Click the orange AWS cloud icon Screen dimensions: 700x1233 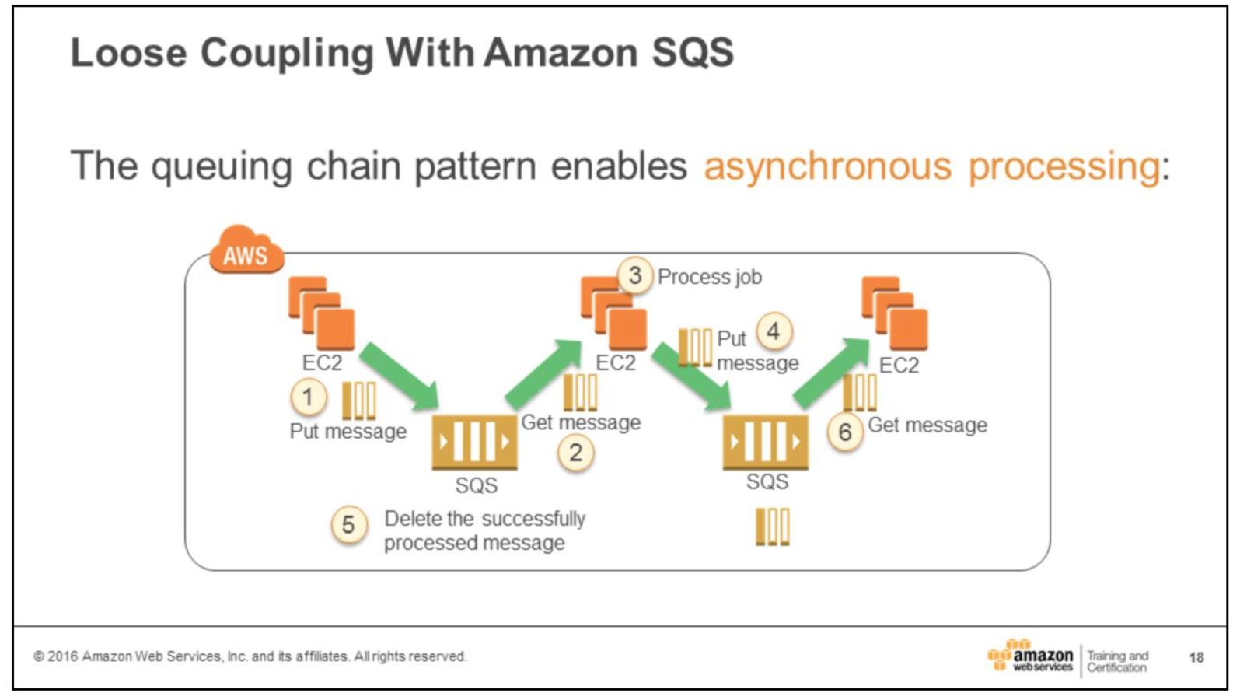tap(246, 250)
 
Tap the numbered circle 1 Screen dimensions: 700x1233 tap(308, 397)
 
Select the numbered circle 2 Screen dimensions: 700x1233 tap(575, 453)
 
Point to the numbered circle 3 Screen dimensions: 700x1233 tap(635, 275)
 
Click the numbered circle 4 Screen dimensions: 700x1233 tap(774, 331)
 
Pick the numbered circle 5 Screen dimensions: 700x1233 tap(348, 525)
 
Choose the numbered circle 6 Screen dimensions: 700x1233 tap(845, 432)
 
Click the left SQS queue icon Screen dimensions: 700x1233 tap(474, 442)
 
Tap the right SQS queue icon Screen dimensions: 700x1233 tap(765, 442)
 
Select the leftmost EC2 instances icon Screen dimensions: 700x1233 tap(322, 313)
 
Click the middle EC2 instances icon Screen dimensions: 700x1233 tap(613, 313)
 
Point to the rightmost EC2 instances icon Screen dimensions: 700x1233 tap(895, 313)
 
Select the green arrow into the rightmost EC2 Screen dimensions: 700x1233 tap(831, 373)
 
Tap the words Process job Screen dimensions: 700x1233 tap(709, 277)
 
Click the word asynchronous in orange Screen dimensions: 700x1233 tap(827, 166)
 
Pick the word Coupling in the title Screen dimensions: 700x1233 tap(287, 53)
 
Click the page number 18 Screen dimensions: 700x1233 tap(1196, 658)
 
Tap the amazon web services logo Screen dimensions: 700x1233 tap(1031, 657)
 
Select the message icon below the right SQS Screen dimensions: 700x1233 tap(773, 527)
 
